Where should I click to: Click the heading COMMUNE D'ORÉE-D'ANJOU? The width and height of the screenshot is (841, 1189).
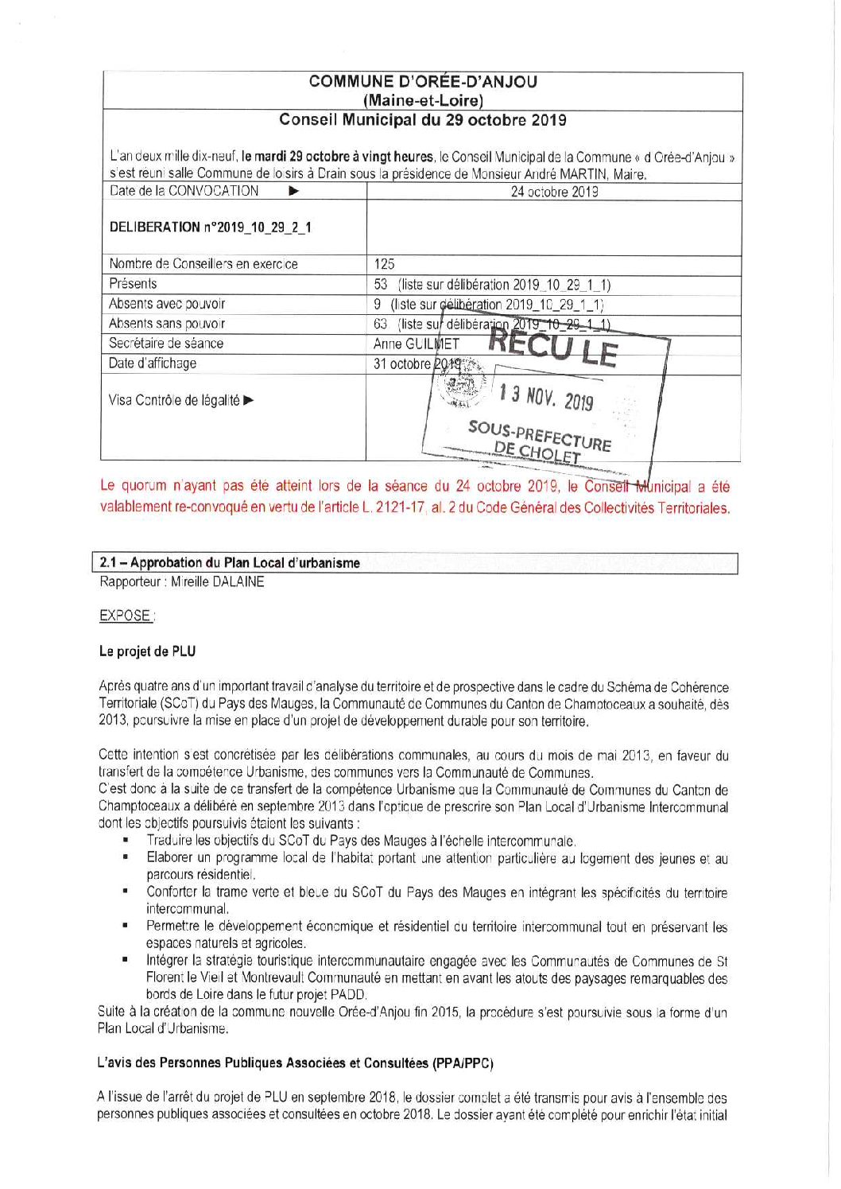pyautogui.click(x=422, y=82)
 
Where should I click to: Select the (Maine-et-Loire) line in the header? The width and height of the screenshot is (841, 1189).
pyautogui.click(x=422, y=101)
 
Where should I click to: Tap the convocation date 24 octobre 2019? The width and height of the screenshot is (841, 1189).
pyautogui.click(x=554, y=192)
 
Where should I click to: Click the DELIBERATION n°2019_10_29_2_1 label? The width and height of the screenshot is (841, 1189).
pyautogui.click(x=210, y=227)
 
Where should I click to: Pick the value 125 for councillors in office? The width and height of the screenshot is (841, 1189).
pyautogui.click(x=384, y=264)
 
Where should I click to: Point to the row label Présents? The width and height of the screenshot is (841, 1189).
pyautogui.click(x=133, y=284)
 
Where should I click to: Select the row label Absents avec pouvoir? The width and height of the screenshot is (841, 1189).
pyautogui.click(x=167, y=304)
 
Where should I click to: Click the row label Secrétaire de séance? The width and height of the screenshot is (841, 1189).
pyautogui.click(x=166, y=344)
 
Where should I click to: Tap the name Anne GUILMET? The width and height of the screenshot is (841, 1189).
pyautogui.click(x=416, y=344)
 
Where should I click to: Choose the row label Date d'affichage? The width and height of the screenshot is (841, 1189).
pyautogui.click(x=153, y=363)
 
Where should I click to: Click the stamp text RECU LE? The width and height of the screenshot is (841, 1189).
pyautogui.click(x=552, y=347)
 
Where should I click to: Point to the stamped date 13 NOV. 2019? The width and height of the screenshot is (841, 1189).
pyautogui.click(x=545, y=396)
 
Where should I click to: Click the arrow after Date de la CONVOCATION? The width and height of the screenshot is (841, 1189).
pyautogui.click(x=293, y=192)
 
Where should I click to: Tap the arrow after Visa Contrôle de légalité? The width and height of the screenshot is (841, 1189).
pyautogui.click(x=249, y=400)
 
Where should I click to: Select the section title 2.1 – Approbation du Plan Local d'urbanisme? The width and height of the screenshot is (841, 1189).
pyautogui.click(x=230, y=563)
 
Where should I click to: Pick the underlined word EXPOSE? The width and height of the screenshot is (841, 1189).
pyautogui.click(x=126, y=616)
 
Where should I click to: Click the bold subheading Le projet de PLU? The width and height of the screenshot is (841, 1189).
pyautogui.click(x=147, y=651)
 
